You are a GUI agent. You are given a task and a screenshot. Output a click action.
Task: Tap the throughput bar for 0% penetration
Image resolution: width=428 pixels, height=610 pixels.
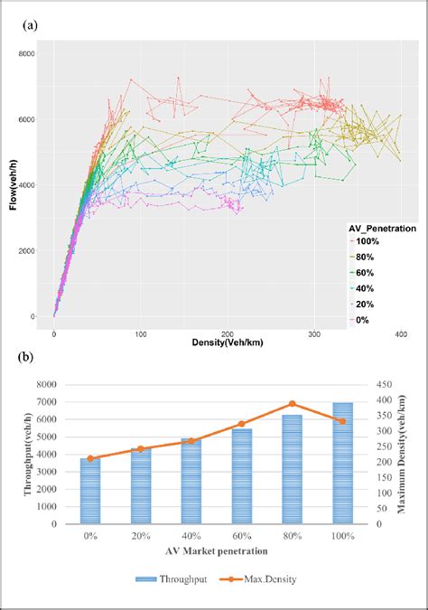pos(89,491)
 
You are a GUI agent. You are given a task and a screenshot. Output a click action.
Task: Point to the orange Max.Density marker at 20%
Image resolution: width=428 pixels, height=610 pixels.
pos(139,448)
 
